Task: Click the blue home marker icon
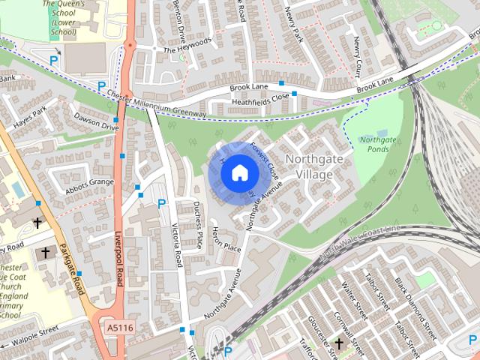[x=238, y=173]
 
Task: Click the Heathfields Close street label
[x=260, y=97]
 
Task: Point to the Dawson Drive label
[x=95, y=121]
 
